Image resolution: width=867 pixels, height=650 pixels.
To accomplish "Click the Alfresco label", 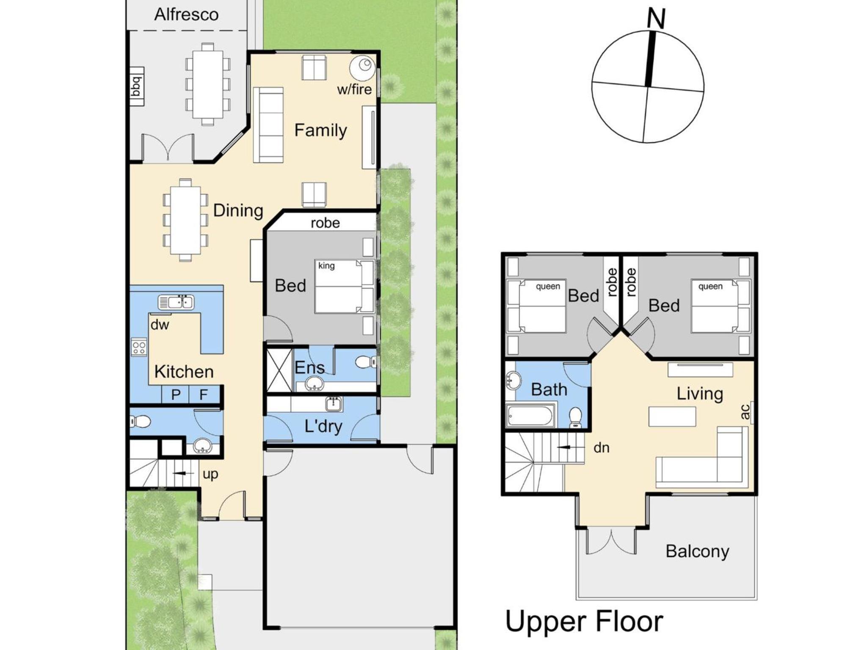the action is (x=186, y=15).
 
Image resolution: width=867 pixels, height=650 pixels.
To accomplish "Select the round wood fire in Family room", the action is (x=362, y=68).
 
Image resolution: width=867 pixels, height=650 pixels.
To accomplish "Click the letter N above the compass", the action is (x=656, y=19).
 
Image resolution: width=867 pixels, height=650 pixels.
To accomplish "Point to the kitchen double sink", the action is (x=176, y=302).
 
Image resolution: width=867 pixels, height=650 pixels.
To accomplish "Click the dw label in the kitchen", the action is (x=160, y=325).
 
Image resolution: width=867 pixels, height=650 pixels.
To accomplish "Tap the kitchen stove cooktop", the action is (x=139, y=347).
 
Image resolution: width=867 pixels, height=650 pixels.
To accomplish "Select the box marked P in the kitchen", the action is (x=176, y=394).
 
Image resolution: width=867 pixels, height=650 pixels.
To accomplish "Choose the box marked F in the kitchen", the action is (x=204, y=394).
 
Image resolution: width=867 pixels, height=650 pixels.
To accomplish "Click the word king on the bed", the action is (x=326, y=266).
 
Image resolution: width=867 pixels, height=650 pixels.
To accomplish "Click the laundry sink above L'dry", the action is (x=334, y=404).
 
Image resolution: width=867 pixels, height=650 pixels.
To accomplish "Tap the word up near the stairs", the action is (x=210, y=474).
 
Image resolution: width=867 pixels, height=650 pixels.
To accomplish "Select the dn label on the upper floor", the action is (x=602, y=447).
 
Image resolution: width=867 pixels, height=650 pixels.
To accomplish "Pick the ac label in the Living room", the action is (x=746, y=412).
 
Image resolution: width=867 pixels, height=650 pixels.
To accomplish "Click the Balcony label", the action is (x=697, y=551).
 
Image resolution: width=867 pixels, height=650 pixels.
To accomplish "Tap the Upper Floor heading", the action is (x=584, y=621).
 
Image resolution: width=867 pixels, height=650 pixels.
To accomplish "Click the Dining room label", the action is (x=238, y=210).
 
